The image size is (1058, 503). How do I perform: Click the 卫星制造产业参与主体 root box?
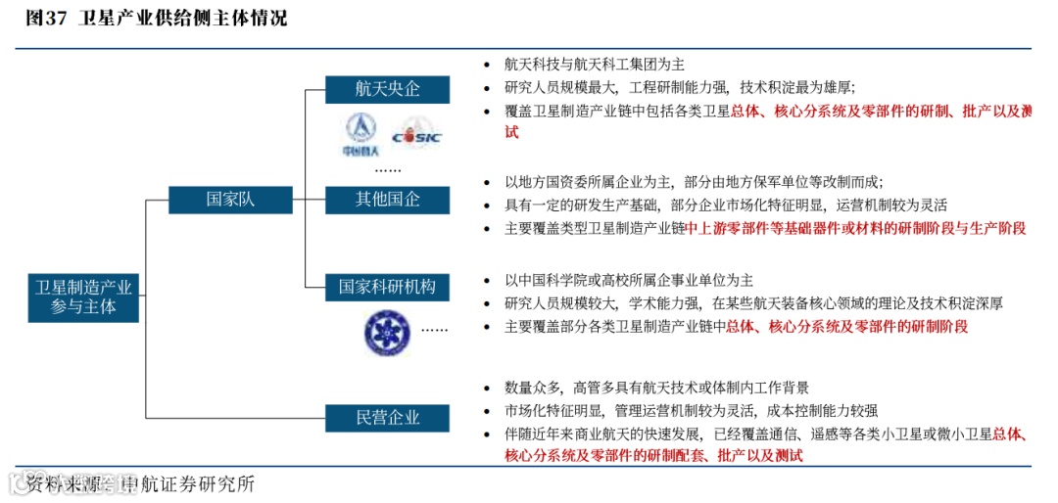(83, 297)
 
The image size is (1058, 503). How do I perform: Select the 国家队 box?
(230, 200)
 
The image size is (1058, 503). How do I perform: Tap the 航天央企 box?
(387, 89)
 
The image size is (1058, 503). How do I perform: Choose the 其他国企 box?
(387, 200)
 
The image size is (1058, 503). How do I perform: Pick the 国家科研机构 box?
(387, 287)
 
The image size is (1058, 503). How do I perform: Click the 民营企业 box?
(387, 418)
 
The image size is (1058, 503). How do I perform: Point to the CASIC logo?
(416, 135)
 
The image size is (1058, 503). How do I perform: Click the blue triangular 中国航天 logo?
(360, 133)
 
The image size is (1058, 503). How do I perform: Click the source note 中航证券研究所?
(186, 483)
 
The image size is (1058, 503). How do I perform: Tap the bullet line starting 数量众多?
(656, 388)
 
